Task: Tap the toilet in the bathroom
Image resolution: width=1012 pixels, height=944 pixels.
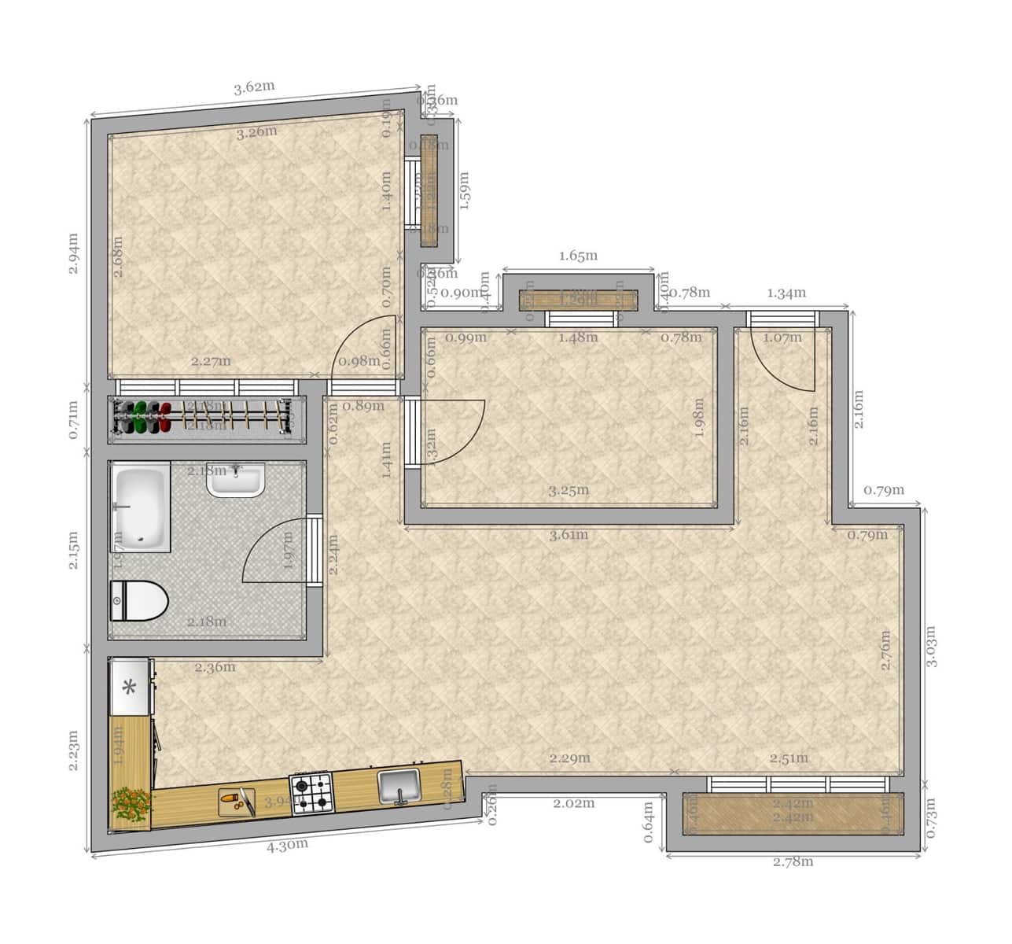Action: [x=140, y=602]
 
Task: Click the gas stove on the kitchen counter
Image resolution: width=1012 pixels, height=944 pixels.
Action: [x=312, y=793]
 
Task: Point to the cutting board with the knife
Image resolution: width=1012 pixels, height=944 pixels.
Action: [x=237, y=802]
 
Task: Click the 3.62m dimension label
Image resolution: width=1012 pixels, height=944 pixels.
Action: [x=254, y=87]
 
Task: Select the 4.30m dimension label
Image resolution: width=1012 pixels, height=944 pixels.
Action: [x=287, y=846]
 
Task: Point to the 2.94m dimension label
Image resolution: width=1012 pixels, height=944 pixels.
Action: [x=73, y=253]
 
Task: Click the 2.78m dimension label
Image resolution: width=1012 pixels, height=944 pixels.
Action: [x=793, y=861]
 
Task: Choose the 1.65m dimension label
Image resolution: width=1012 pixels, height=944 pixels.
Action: [x=578, y=256]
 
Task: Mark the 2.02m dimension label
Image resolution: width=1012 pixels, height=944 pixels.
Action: [x=574, y=804]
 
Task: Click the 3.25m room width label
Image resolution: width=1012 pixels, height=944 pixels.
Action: [x=569, y=491]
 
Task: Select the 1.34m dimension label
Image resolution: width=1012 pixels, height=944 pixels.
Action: [x=786, y=293]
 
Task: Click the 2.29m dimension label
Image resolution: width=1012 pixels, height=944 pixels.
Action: [x=569, y=759]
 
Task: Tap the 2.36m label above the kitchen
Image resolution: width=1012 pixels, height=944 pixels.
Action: [x=215, y=668]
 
